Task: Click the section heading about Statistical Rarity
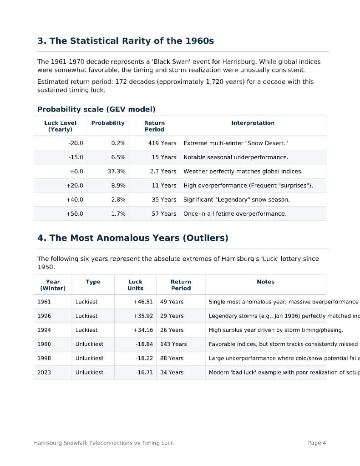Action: pyautogui.click(x=126, y=41)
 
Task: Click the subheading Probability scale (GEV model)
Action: pyautogui.click(x=96, y=109)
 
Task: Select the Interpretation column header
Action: pyautogui.click(x=253, y=123)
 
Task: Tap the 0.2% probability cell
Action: pyautogui.click(x=118, y=143)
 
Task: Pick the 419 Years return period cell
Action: pyautogui.click(x=162, y=143)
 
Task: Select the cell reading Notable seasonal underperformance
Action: pyautogui.click(x=236, y=157)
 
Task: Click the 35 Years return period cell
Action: pyautogui.click(x=164, y=199)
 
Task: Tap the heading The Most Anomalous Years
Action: pyautogui.click(x=133, y=238)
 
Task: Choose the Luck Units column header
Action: pyautogui.click(x=135, y=285)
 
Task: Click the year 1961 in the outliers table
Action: pyautogui.click(x=44, y=302)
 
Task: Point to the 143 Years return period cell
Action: pyautogui.click(x=173, y=344)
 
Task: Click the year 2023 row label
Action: pyautogui.click(x=44, y=372)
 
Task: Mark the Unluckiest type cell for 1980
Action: pyautogui.click(x=89, y=344)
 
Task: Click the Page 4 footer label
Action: pyautogui.click(x=317, y=443)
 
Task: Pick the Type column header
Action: pyautogui.click(x=93, y=282)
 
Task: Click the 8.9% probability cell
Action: pyautogui.click(x=118, y=185)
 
